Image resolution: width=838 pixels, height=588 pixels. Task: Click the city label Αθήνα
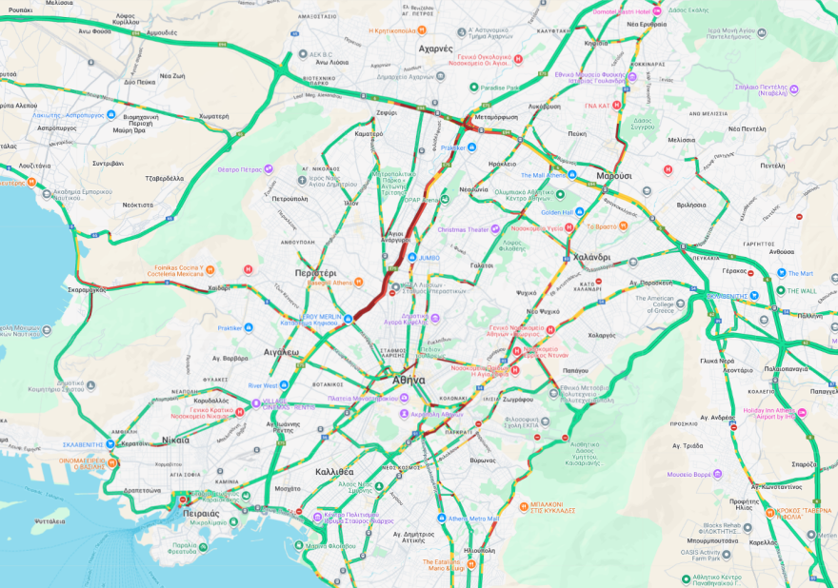(x=409, y=379)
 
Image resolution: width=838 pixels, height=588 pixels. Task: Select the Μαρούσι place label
(x=614, y=176)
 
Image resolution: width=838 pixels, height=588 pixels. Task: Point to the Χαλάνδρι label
(x=591, y=258)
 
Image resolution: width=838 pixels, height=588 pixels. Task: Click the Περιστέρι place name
(x=316, y=272)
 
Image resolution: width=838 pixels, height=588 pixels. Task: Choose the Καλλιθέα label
(x=334, y=471)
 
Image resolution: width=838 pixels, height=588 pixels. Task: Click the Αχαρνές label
(x=436, y=48)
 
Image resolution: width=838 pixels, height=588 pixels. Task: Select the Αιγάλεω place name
(x=281, y=351)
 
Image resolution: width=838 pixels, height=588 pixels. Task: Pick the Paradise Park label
(x=499, y=88)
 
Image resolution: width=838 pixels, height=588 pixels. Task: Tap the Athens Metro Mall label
(x=473, y=519)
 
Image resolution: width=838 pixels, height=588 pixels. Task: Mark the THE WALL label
(x=801, y=290)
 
